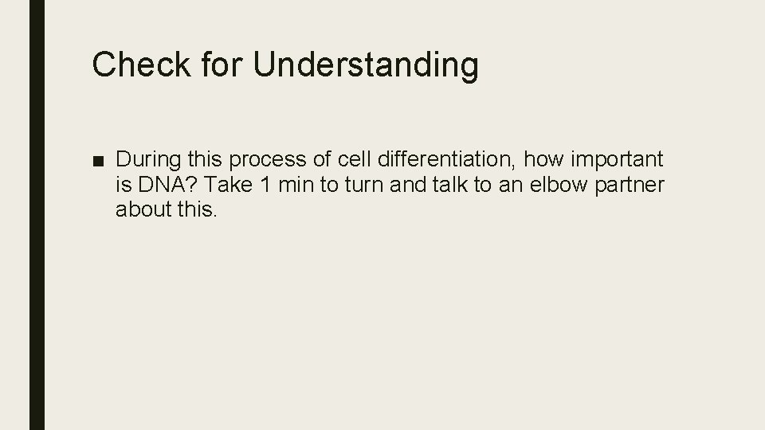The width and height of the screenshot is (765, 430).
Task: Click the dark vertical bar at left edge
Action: (37, 215)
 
